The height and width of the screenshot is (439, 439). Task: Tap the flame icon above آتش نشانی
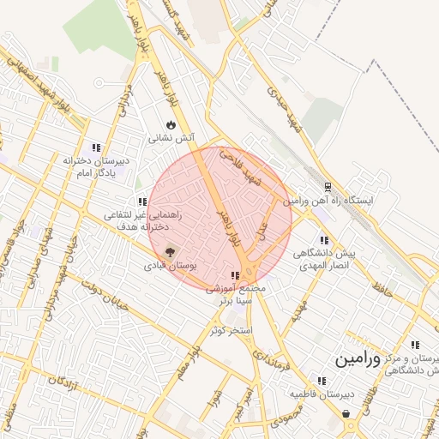tap(171, 125)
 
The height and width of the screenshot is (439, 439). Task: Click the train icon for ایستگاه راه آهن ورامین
tap(328, 187)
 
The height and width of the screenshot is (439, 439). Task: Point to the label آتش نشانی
tap(171, 138)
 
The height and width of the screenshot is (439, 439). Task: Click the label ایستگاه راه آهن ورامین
tap(330, 200)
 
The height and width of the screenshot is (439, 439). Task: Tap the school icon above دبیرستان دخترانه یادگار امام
tap(96, 147)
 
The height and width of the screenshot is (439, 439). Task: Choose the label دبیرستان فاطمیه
tap(321, 394)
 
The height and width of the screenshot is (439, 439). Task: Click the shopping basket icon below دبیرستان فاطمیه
tap(346, 414)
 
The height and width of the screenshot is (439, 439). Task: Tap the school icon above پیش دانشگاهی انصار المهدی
tap(323, 241)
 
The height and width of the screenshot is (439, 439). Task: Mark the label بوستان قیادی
tap(171, 267)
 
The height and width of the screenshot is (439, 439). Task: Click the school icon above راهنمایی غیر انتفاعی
tap(142, 202)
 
